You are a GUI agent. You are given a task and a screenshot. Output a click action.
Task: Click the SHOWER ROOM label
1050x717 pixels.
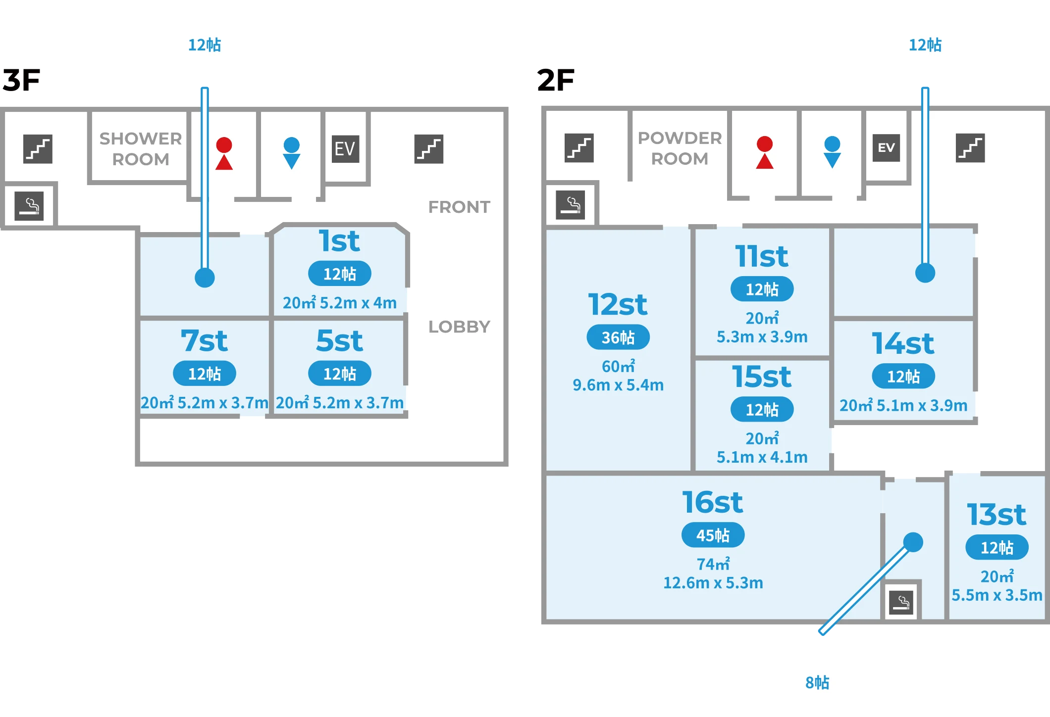pyautogui.click(x=141, y=148)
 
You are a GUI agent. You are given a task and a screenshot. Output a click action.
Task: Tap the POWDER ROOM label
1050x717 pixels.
pyautogui.click(x=680, y=148)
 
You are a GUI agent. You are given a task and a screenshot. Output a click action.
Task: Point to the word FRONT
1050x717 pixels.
pyautogui.click(x=459, y=207)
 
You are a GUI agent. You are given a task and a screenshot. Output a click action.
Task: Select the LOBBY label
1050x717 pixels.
pyautogui.click(x=459, y=327)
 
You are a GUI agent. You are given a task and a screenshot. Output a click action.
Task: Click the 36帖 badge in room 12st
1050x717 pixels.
pyautogui.click(x=618, y=337)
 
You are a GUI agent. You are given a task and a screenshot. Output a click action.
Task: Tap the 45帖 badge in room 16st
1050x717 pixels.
pyautogui.click(x=713, y=535)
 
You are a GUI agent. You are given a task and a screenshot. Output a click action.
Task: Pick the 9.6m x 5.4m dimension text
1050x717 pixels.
pyautogui.click(x=618, y=385)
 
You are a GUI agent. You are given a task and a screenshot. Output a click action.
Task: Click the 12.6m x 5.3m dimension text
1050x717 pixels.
pyautogui.click(x=713, y=583)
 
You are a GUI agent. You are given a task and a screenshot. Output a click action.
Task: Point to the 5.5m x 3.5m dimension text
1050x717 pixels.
pyautogui.click(x=997, y=595)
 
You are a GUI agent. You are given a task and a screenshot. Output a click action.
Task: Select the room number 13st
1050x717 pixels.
pyautogui.click(x=997, y=515)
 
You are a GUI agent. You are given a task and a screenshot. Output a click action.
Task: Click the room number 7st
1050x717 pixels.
pyautogui.click(x=204, y=341)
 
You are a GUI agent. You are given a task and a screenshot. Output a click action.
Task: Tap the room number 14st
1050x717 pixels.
pyautogui.click(x=903, y=343)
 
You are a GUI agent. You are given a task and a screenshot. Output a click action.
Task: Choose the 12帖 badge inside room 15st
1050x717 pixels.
pyautogui.click(x=762, y=409)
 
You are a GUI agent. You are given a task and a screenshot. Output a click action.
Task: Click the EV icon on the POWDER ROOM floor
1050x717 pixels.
pyautogui.click(x=886, y=147)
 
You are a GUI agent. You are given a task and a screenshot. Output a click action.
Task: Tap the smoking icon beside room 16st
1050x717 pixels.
pyautogui.click(x=901, y=602)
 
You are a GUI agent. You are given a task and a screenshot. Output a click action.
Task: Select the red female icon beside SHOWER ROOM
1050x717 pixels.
pyautogui.click(x=224, y=153)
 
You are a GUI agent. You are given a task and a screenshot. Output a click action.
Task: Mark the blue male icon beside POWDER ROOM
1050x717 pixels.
pyautogui.click(x=832, y=152)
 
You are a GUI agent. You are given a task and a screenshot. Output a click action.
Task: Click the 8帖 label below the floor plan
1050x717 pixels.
pyautogui.click(x=817, y=682)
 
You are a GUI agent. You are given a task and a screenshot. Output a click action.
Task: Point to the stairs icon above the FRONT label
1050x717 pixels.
pyautogui.click(x=428, y=148)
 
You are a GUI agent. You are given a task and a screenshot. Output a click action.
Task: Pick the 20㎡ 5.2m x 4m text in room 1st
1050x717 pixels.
pyautogui.click(x=339, y=302)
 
